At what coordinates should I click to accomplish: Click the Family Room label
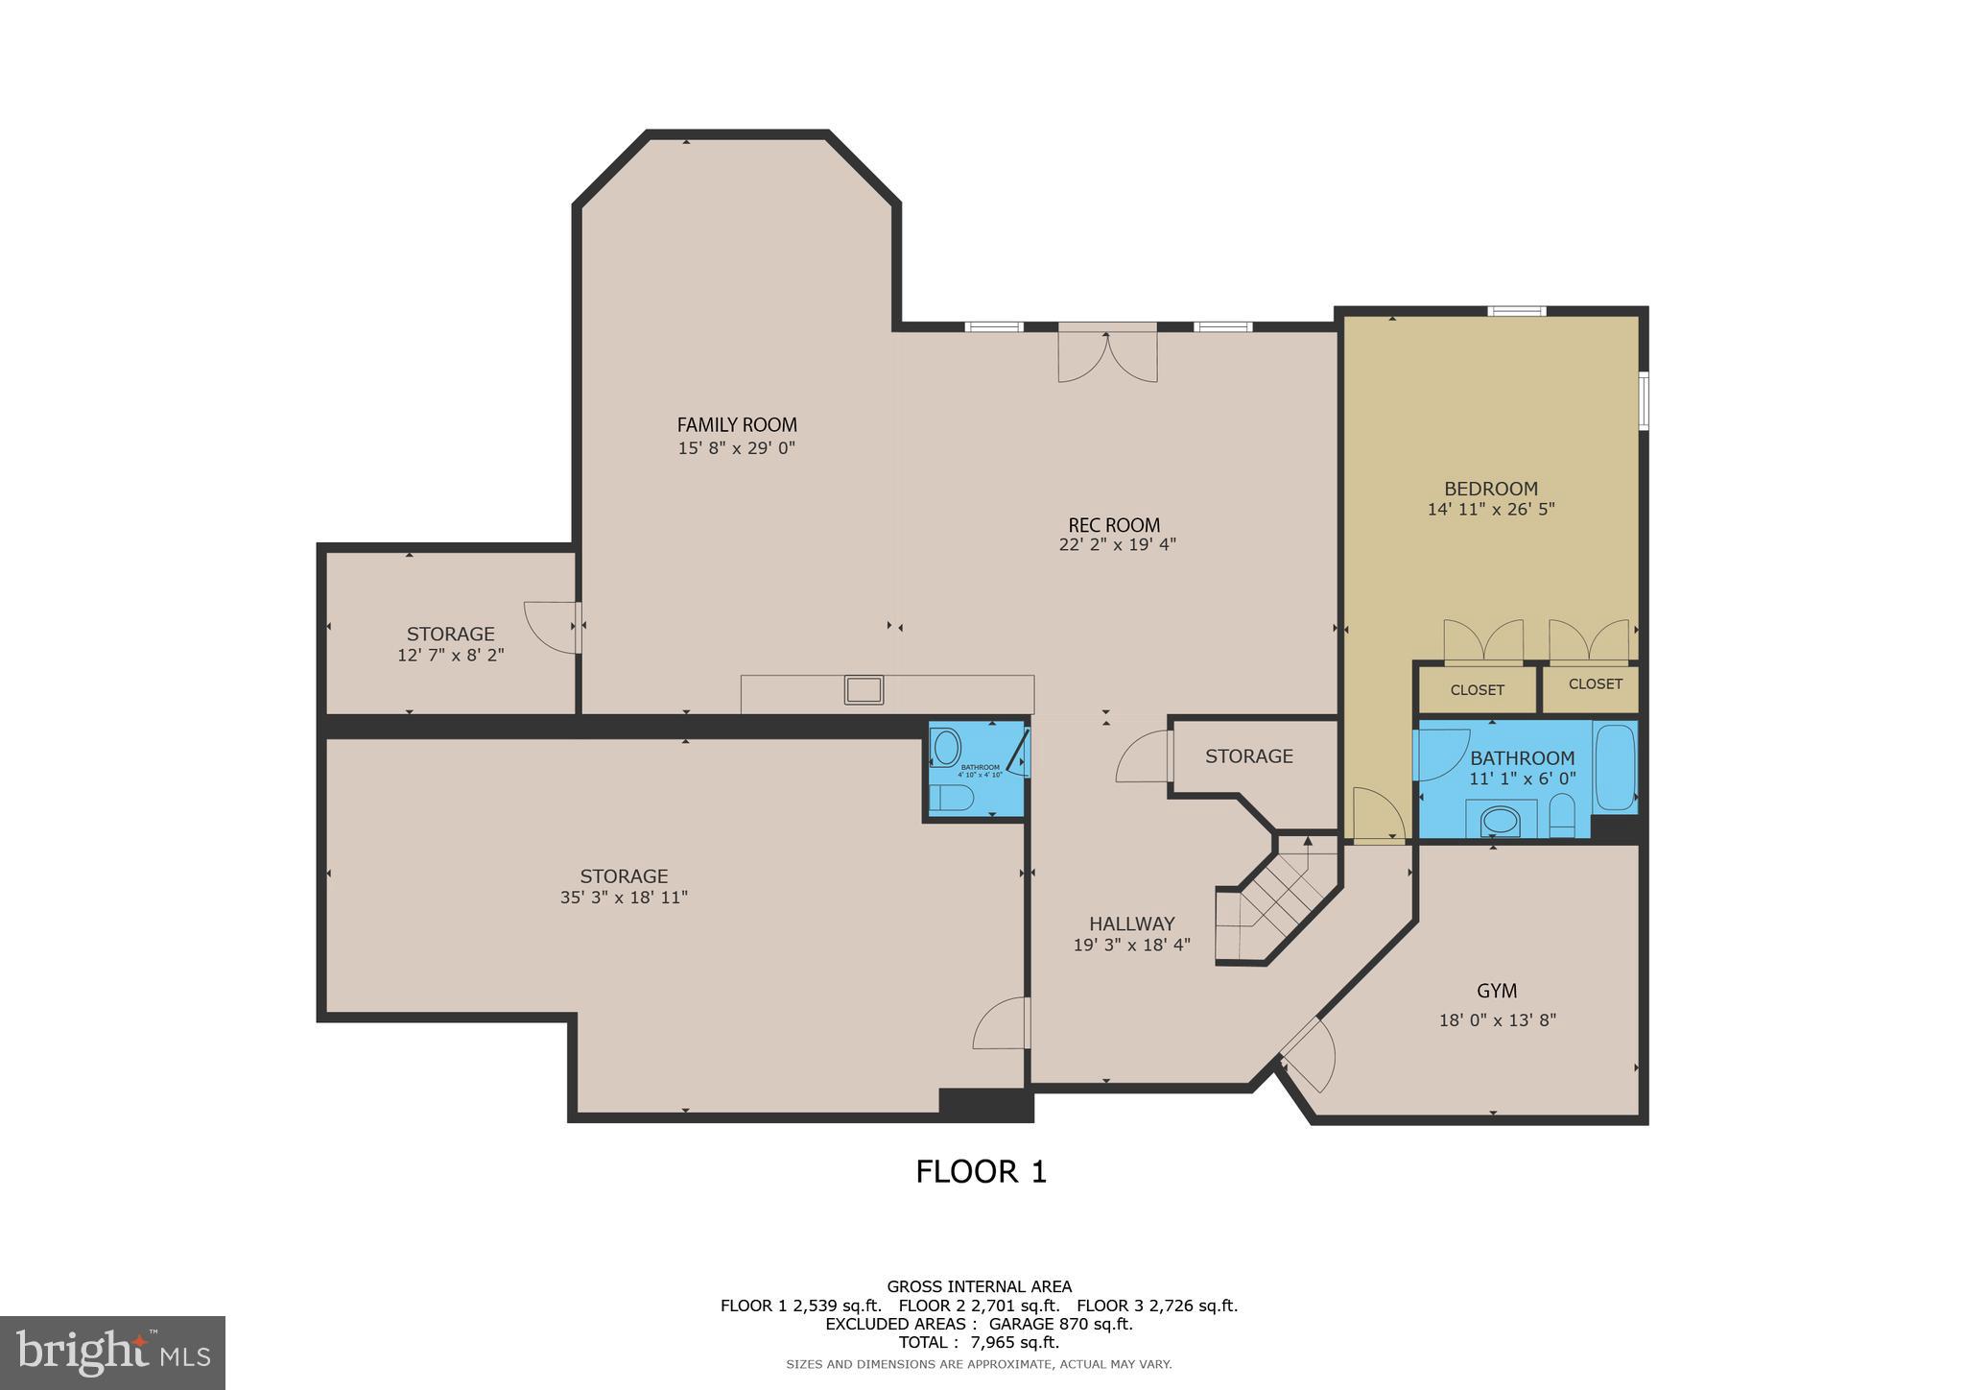pyautogui.click(x=737, y=424)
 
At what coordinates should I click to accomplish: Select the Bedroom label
pyautogui.click(x=1490, y=488)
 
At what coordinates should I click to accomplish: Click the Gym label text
pyautogui.click(x=1496, y=991)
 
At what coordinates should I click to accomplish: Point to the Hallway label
pyautogui.click(x=1131, y=923)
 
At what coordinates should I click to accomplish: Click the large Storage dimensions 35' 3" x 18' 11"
pyautogui.click(x=624, y=898)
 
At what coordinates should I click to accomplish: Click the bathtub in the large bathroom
pyautogui.click(x=1614, y=768)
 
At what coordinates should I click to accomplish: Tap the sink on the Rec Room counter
pyautogui.click(x=864, y=689)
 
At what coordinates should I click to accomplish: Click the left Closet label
pyautogui.click(x=1477, y=690)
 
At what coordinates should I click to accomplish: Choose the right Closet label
pyautogui.click(x=1595, y=683)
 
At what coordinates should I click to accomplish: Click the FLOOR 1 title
pyautogui.click(x=981, y=1172)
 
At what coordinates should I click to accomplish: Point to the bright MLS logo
pyautogui.click(x=112, y=1353)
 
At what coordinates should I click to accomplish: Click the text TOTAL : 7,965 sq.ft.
pyautogui.click(x=979, y=1342)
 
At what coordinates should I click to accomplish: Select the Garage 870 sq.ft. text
pyautogui.click(x=1060, y=1324)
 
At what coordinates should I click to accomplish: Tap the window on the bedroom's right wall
pyautogui.click(x=1643, y=400)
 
